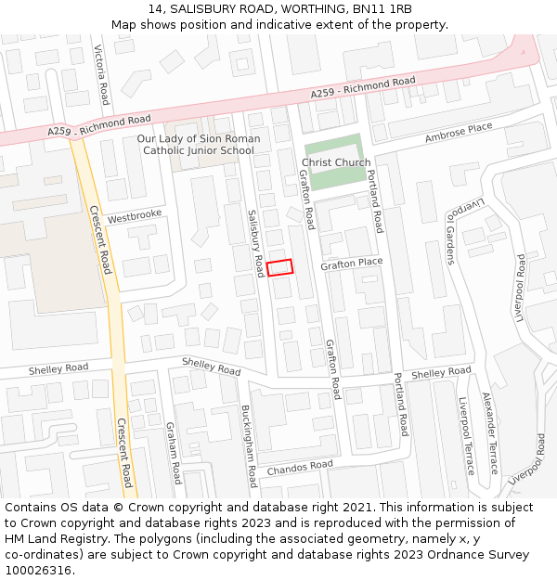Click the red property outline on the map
[x=279, y=267]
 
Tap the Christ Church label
[x=335, y=162]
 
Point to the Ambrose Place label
[x=459, y=133]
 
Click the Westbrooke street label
[x=135, y=216]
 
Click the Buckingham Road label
[x=248, y=445]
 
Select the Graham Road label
[x=172, y=453]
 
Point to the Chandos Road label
[x=299, y=467]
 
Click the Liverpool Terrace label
[x=466, y=435]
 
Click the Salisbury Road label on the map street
[x=255, y=241]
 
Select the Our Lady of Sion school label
[x=199, y=145]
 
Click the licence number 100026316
[x=38, y=570]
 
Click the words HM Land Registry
[x=49, y=539]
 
